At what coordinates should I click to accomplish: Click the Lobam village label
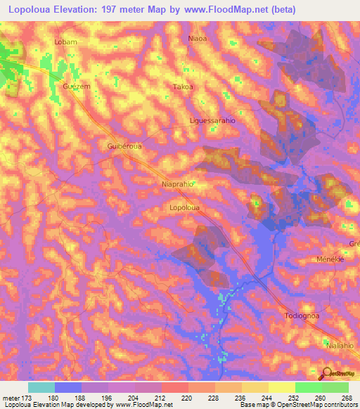(x=65, y=42)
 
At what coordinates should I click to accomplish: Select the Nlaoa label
(x=198, y=39)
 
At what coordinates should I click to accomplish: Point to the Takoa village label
(x=183, y=87)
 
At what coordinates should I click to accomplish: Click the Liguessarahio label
(x=212, y=121)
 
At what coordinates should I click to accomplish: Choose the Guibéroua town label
(x=125, y=146)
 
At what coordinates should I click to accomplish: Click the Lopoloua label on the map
(x=185, y=208)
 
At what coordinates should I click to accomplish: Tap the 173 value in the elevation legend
(x=25, y=398)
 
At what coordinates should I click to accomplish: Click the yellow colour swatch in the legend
(x=281, y=387)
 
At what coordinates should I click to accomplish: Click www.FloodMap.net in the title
(x=226, y=10)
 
